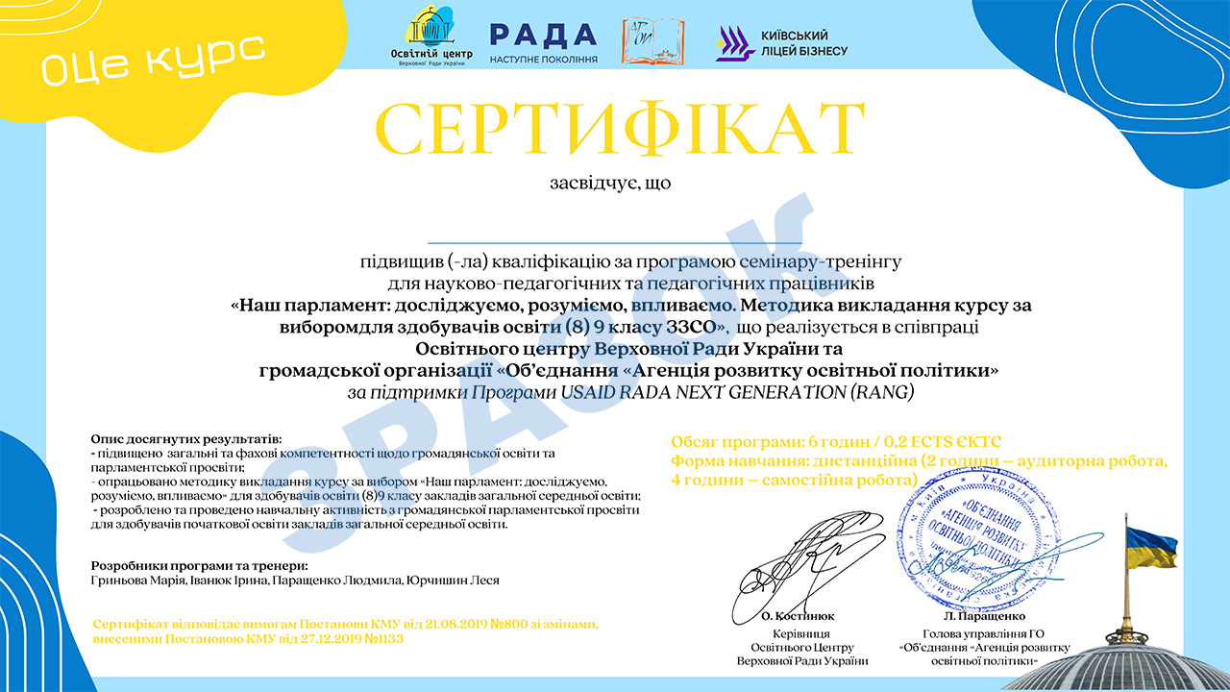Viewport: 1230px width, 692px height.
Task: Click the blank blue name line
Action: coord(614,242)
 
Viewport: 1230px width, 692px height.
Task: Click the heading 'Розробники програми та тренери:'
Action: coord(199,566)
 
